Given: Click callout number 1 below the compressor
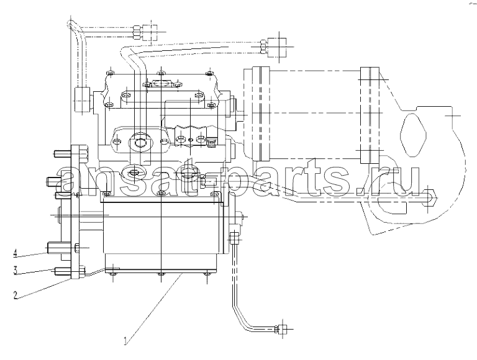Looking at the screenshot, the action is [x=125, y=341].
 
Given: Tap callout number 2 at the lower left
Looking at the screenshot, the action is [x=16, y=295].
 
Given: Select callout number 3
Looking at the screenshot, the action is [x=16, y=271].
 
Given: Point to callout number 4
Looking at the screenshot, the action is [x=16, y=253].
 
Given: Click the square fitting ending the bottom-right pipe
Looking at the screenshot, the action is [x=283, y=330].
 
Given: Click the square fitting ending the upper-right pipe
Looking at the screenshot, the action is [x=277, y=48].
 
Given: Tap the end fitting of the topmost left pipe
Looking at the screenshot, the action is [x=150, y=32].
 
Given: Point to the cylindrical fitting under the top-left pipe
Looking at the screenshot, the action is [x=81, y=100].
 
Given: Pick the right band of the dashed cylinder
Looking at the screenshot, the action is [x=370, y=115].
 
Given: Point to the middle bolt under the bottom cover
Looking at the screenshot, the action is [x=160, y=274].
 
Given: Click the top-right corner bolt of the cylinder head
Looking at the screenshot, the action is [x=209, y=73].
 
